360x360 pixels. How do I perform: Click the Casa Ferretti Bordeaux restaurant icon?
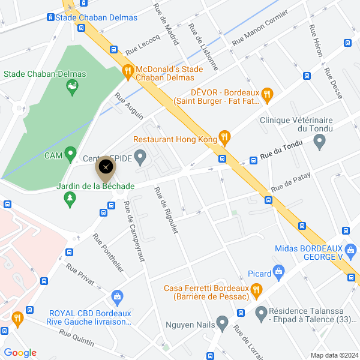pos(256,292)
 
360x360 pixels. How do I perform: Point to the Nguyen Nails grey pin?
pos(223,325)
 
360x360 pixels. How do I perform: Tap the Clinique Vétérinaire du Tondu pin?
pos(319,142)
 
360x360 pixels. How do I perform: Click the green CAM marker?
pos(70,155)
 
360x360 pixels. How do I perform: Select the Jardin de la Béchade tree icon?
pos(70,199)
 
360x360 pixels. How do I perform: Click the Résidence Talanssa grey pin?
pos(261,313)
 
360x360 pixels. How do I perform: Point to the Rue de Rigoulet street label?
pos(167,211)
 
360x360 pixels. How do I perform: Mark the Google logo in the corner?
pos(20,353)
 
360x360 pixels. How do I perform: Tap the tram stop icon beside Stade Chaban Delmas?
pos(50,17)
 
